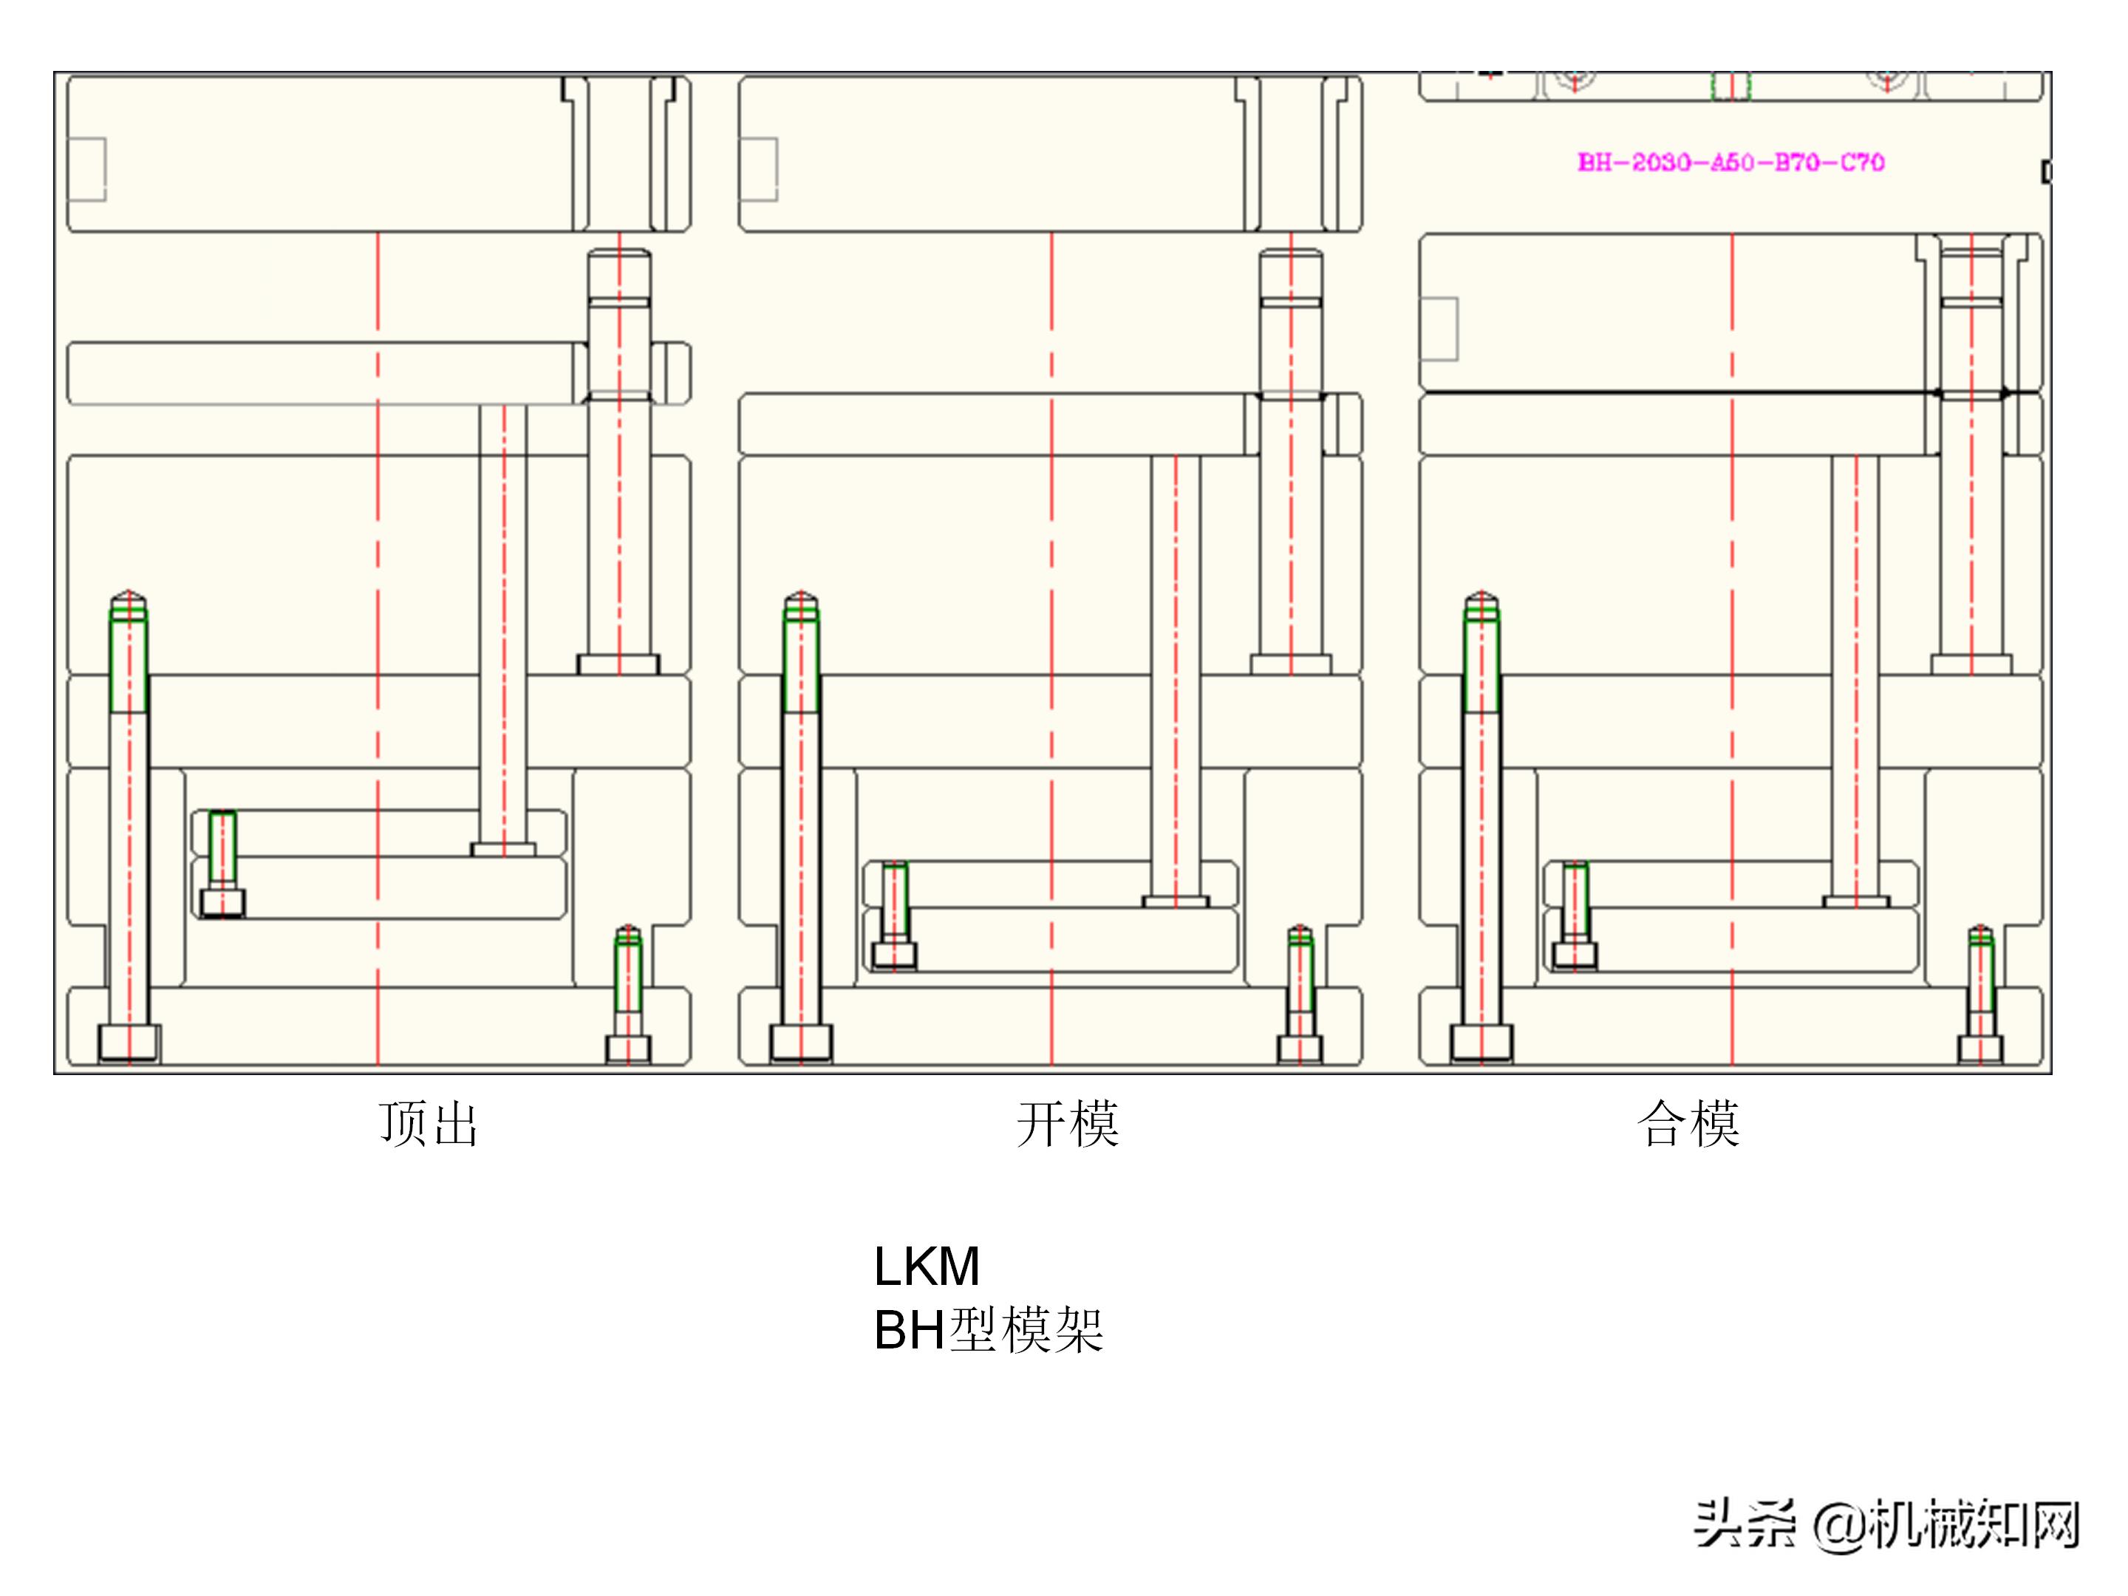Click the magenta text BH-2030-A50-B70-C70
click(x=1730, y=163)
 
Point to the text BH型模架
click(x=988, y=1331)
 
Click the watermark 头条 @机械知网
click(x=1886, y=1525)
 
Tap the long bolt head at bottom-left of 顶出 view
click(x=129, y=1043)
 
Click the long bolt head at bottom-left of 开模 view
click(x=800, y=1043)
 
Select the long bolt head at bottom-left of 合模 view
click(x=1481, y=1043)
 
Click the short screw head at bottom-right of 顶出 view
click(x=628, y=1048)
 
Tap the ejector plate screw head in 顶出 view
click(x=222, y=904)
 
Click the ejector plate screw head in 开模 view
click(x=894, y=955)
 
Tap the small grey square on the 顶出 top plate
click(x=86, y=169)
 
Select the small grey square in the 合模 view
click(x=1439, y=329)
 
